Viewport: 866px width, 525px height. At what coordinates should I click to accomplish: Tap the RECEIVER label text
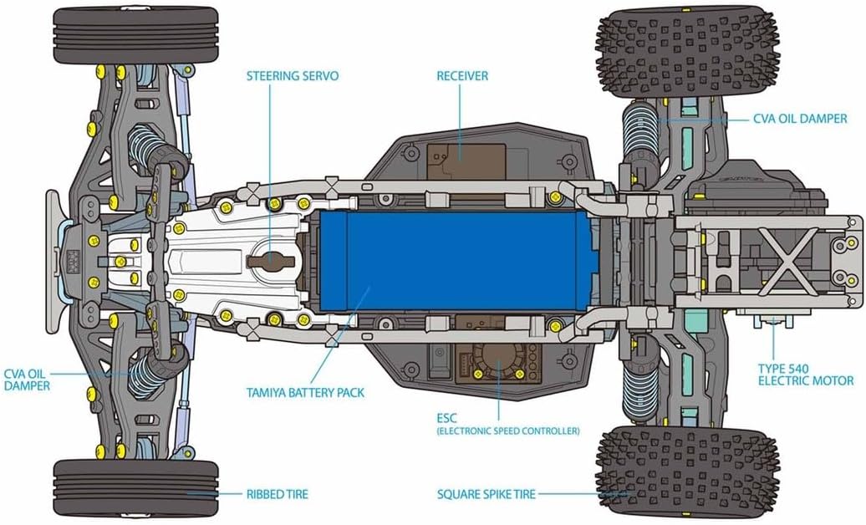pyautogui.click(x=462, y=76)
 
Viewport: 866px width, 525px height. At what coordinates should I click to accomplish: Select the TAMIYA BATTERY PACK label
pyautogui.click(x=305, y=392)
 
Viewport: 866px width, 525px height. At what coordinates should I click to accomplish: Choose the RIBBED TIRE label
pyautogui.click(x=277, y=494)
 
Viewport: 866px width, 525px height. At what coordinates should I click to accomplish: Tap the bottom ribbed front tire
pyautogui.click(x=135, y=487)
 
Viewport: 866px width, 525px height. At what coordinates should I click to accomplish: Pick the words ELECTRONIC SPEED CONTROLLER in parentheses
pyautogui.click(x=507, y=431)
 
